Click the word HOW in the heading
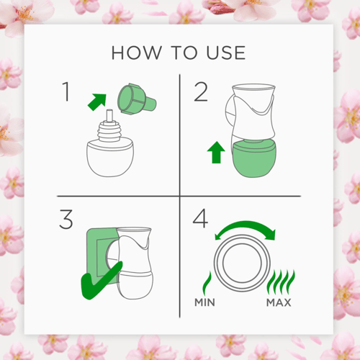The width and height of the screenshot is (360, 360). pos(137,53)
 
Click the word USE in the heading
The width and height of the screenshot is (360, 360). pos(226,53)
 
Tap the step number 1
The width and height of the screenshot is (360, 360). pos(66,91)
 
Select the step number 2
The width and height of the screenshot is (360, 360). pos(200,92)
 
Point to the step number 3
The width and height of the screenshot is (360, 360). pos(66,219)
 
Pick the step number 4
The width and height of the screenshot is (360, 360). pos(200,218)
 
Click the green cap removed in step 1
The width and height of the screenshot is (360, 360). pos(136,99)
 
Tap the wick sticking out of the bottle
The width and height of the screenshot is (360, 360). pos(109,116)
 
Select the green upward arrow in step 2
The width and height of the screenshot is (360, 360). pos(216,153)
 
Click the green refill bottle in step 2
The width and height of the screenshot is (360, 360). pos(254,159)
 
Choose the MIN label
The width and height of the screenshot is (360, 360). pos(204,302)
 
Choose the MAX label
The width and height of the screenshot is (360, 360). pos(279,302)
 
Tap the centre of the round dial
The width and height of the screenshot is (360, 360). pos(242,263)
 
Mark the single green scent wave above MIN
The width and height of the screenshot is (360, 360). pos(207,283)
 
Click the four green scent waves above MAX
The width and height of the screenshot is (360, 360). pos(281,282)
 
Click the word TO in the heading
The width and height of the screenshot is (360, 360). pos(184,53)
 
